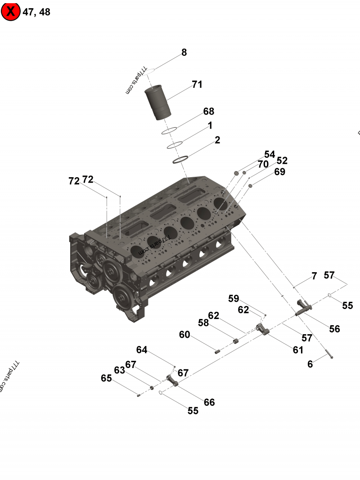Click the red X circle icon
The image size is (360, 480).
click(x=11, y=12)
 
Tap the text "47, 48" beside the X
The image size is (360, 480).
click(x=36, y=12)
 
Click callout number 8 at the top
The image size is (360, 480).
click(x=184, y=53)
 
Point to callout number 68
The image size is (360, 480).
click(x=208, y=112)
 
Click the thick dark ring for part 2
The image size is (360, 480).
click(x=180, y=159)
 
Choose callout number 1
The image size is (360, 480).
click(x=210, y=126)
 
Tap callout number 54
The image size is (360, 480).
click(x=269, y=155)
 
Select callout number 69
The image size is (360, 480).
click(x=279, y=172)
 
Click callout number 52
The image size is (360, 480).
click(x=282, y=161)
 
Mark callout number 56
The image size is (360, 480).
click(x=334, y=329)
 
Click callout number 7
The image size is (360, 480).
click(x=314, y=276)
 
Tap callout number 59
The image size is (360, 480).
click(x=233, y=298)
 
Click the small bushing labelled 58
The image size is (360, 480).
click(x=235, y=341)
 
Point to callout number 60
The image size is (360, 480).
click(x=184, y=335)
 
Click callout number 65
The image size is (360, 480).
click(x=106, y=378)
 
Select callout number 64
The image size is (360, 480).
click(x=142, y=350)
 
